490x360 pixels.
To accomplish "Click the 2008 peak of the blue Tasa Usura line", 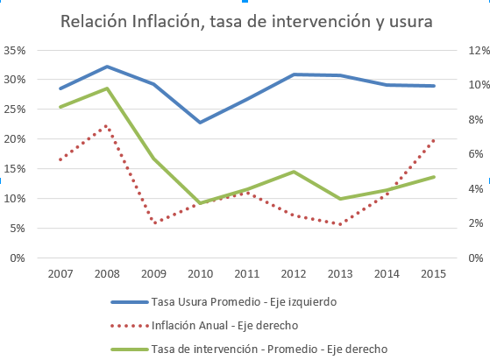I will click(x=106, y=67).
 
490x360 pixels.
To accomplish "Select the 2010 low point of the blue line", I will click(x=202, y=123).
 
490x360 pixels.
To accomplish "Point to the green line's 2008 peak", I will click(x=106, y=88).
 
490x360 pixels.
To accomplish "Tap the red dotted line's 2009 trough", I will click(x=154, y=223).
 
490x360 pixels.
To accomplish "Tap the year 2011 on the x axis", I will click(x=248, y=274).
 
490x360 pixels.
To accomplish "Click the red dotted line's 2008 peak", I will click(x=106, y=126).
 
